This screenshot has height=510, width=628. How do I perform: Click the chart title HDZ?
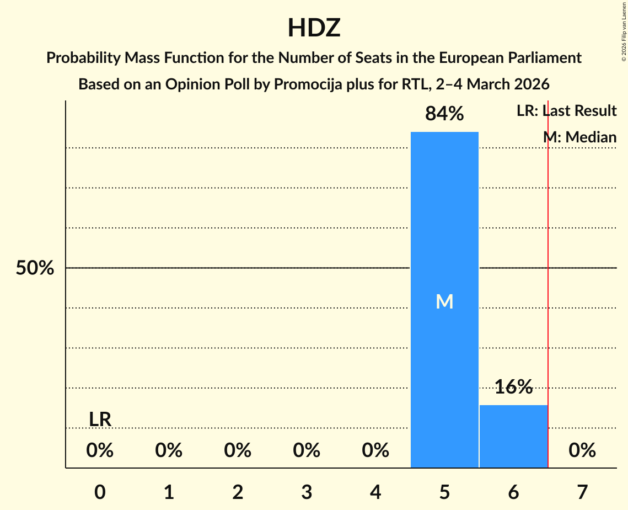coord(314,28)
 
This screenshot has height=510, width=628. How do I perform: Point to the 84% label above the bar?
coord(444,114)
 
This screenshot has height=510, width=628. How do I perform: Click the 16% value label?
coord(513,387)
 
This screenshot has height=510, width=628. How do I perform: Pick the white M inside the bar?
coord(444,301)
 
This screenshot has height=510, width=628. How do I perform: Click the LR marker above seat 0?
coord(100,419)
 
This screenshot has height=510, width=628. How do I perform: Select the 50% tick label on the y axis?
coord(35,268)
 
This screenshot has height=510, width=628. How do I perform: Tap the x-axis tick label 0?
coord(100,492)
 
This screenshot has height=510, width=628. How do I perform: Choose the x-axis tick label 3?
coord(307,492)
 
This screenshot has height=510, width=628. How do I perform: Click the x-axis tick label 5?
coord(444,492)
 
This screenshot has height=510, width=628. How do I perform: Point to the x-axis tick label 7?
coord(582,492)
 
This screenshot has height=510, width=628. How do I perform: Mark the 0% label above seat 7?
coord(582,451)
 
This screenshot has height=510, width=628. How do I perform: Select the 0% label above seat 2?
coord(238,451)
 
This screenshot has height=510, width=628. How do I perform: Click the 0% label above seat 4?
coord(375,451)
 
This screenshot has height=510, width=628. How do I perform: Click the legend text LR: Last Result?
coord(566,111)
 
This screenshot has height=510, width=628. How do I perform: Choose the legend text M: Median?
coord(579,137)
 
